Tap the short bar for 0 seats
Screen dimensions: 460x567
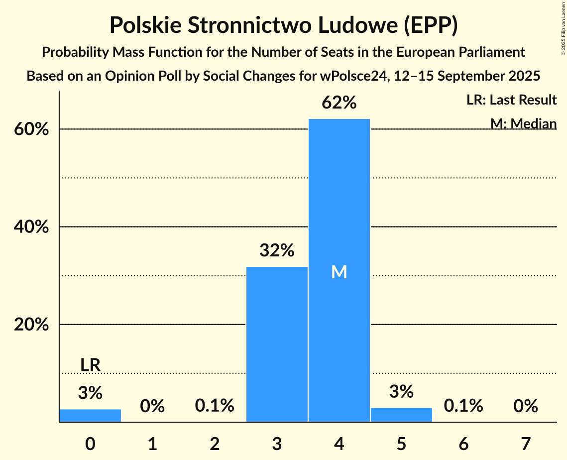(90, 416)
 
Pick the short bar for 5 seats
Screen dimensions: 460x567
(401, 415)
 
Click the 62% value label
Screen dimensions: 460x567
(339, 103)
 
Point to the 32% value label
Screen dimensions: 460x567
(277, 250)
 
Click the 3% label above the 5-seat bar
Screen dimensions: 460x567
(401, 391)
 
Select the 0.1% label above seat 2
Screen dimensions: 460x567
(215, 406)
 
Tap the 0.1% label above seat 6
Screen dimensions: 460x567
(463, 406)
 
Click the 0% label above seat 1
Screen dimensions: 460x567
(152, 406)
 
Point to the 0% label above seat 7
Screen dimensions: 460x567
(526, 406)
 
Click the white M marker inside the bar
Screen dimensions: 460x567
(339, 272)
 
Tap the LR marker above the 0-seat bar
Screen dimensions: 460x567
(90, 365)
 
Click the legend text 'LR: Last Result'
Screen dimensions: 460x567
(511, 100)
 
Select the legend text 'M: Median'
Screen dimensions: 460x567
(523, 123)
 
